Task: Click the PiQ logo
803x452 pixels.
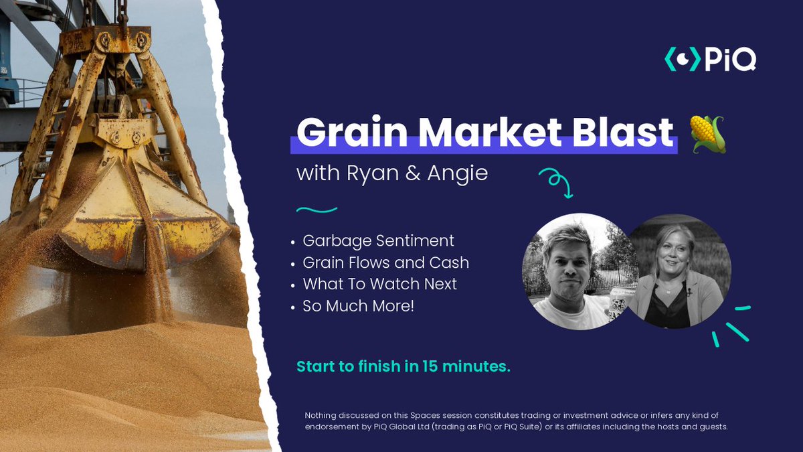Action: point(710,59)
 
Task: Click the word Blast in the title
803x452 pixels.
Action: point(623,132)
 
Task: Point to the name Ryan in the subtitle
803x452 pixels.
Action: point(373,174)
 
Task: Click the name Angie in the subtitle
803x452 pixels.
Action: point(458,174)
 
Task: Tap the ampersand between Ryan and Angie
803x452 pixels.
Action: point(413,173)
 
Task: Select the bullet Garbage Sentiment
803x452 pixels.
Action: point(378,240)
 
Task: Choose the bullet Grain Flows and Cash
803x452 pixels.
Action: point(385,262)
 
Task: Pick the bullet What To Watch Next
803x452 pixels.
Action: point(379,284)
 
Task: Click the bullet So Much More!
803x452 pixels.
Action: point(358,306)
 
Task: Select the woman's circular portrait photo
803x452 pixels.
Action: point(679,271)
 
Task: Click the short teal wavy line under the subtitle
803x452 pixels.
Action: point(317,210)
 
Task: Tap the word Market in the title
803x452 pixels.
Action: point(490,132)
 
